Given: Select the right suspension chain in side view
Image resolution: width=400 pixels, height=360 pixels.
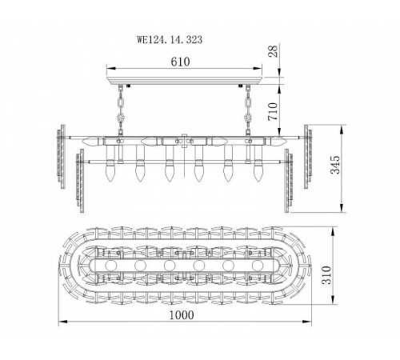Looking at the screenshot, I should (248, 110).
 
